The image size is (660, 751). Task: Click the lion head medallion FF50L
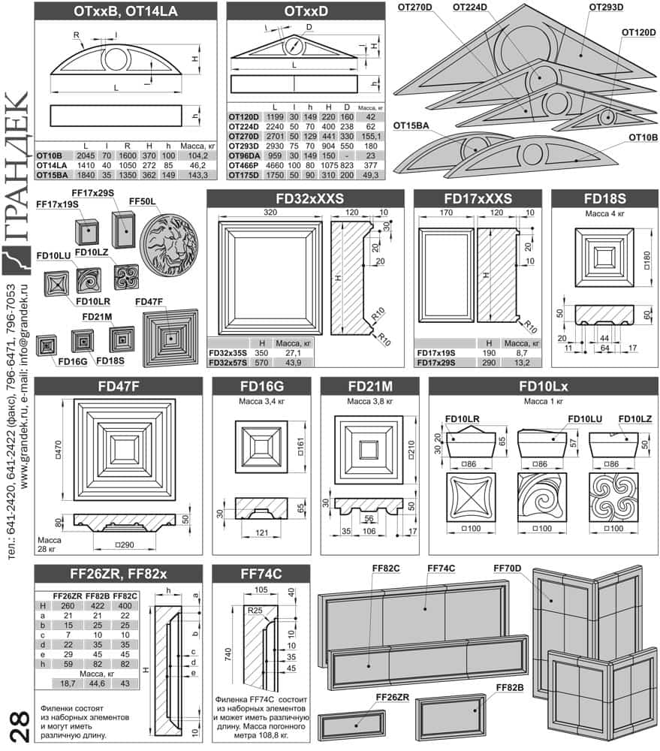pyautogui.click(x=169, y=245)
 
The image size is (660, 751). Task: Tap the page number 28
pyautogui.click(x=20, y=726)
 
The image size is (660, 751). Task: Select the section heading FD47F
pyautogui.click(x=119, y=386)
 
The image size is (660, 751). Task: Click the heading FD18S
pyautogui.click(x=604, y=198)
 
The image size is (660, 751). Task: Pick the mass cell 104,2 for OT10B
pyautogui.click(x=197, y=155)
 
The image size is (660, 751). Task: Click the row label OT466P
pyautogui.click(x=243, y=165)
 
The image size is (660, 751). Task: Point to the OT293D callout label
pyautogui.click(x=606, y=8)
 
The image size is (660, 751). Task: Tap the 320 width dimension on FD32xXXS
pyautogui.click(x=270, y=213)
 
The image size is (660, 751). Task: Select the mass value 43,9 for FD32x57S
pyautogui.click(x=293, y=363)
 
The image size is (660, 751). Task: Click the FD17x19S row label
pyautogui.click(x=435, y=353)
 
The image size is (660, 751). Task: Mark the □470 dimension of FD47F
pyautogui.click(x=59, y=450)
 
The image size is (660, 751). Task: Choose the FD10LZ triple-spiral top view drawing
pyautogui.click(x=613, y=497)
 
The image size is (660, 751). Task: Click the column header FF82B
pyautogui.click(x=97, y=596)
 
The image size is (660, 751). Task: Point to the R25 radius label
pyautogui.click(x=255, y=610)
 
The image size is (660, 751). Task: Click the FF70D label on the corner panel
pyautogui.click(x=508, y=568)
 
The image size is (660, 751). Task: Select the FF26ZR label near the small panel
pyautogui.click(x=392, y=698)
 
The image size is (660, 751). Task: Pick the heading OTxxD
pyautogui.click(x=306, y=11)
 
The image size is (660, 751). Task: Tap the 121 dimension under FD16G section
pyautogui.click(x=261, y=532)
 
